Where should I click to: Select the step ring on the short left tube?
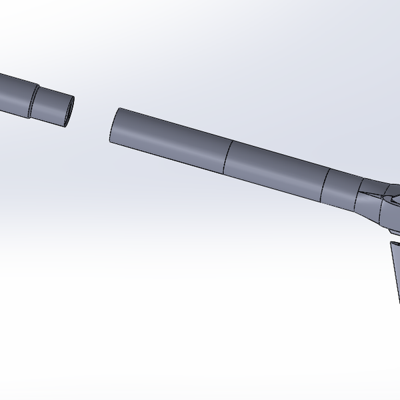tap(33, 99)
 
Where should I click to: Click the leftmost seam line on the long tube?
tap(227, 157)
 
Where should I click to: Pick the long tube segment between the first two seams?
tap(277, 170)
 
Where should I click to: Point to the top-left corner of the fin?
tap(390, 243)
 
